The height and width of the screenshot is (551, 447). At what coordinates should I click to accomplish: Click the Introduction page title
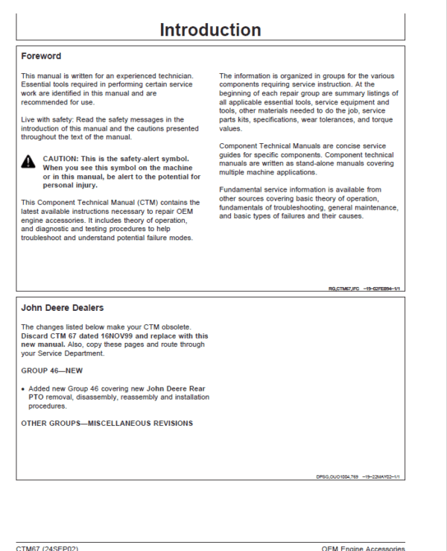coord(210,30)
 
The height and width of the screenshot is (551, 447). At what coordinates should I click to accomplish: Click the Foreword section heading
coord(41,57)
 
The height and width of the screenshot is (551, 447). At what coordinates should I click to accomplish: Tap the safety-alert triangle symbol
coord(28,162)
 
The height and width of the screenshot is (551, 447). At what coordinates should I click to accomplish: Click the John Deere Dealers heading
coord(62,308)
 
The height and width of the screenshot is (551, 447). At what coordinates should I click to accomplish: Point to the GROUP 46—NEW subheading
coord(51,370)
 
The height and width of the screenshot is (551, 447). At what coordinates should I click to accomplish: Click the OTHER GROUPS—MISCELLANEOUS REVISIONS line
coord(107,424)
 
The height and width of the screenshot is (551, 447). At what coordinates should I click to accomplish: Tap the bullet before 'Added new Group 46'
coord(23,389)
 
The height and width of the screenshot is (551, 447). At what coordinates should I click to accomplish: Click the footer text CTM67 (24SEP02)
coord(48,548)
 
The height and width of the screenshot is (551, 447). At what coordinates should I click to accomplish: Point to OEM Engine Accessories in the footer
coord(363,548)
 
